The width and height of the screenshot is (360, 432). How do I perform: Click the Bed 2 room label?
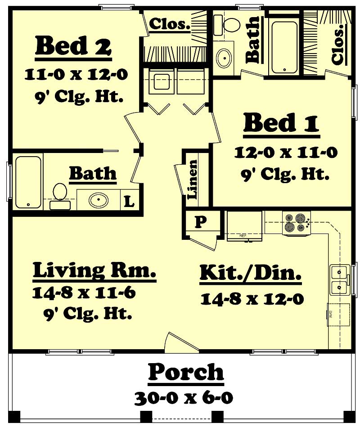click(73, 46)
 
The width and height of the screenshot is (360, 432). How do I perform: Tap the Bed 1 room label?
click(281, 124)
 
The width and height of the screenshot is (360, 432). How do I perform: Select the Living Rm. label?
click(94, 271)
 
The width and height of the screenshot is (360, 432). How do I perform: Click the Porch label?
click(186, 373)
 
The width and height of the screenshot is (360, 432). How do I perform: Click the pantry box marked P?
click(200, 221)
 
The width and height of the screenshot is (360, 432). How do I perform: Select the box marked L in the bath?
click(129, 202)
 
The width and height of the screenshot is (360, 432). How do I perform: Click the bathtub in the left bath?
click(28, 181)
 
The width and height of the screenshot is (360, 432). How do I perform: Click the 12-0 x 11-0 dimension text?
click(285, 153)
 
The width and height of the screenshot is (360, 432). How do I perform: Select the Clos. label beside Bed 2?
click(169, 24)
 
